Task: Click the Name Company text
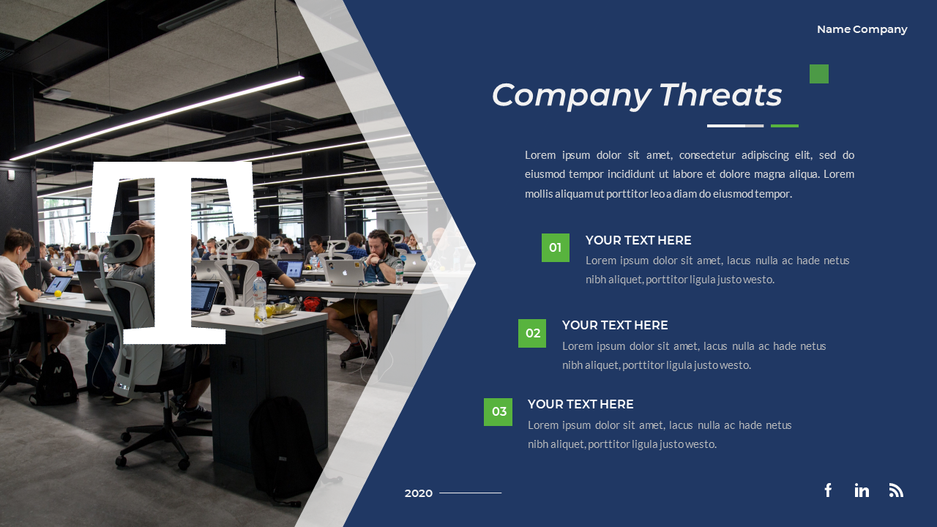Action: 862,29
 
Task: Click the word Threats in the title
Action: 720,95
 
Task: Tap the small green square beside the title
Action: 819,74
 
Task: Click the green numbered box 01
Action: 556,247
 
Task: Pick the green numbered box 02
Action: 532,333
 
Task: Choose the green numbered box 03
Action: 498,411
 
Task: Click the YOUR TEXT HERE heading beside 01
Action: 638,240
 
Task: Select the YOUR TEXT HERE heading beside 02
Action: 615,325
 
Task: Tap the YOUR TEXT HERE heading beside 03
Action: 581,404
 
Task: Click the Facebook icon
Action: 828,490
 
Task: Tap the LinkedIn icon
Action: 862,490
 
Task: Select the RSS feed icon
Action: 896,490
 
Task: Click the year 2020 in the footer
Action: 419,493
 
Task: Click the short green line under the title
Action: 785,126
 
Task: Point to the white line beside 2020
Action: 470,493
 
